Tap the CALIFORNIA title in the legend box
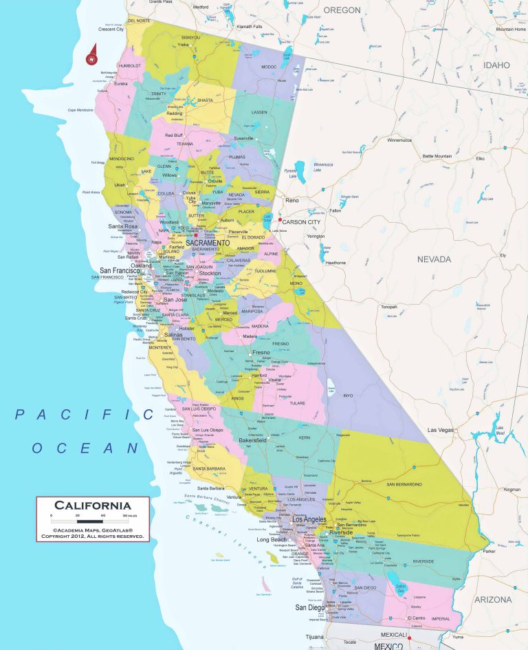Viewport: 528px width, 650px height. pos(92,506)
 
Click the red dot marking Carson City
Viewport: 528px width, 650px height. pos(280,220)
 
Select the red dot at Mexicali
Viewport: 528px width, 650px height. pos(409,637)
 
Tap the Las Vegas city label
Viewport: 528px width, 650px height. pos(441,430)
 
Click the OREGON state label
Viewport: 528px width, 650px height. pos(342,10)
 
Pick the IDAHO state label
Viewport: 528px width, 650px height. pos(496,65)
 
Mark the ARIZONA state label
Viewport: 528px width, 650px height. pos(492,600)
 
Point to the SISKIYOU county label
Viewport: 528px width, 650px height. pos(190,37)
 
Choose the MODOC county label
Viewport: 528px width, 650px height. pos(268,67)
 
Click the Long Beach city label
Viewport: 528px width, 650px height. pos(272,540)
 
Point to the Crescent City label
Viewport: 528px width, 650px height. pos(111,30)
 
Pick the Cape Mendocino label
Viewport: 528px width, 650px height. pos(80,111)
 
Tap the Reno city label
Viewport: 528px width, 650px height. pos(292,200)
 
